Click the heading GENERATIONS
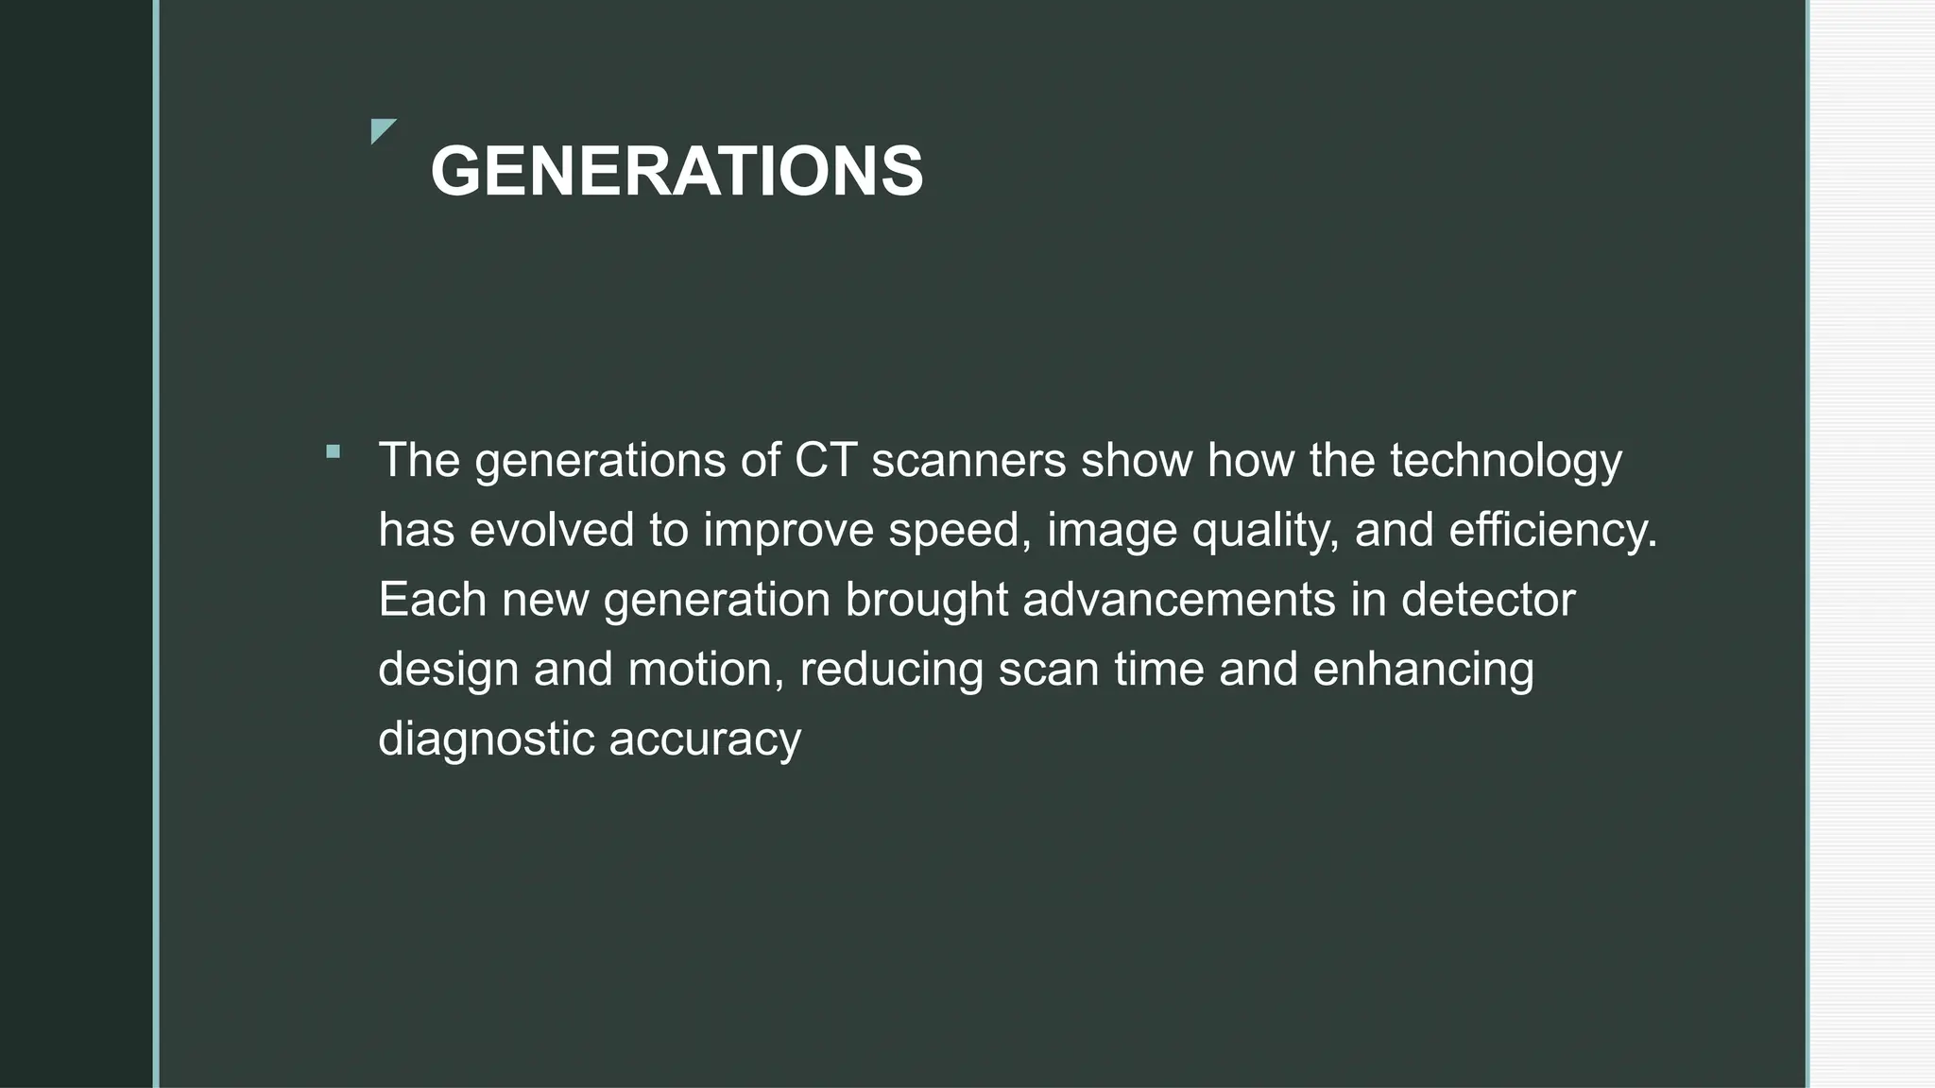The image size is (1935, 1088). [x=676, y=171]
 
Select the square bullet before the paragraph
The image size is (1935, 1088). [x=333, y=451]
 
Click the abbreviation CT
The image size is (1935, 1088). [x=825, y=460]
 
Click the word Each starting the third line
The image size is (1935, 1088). [x=432, y=600]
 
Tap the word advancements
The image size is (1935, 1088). [x=1179, y=600]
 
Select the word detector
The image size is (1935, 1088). [x=1488, y=600]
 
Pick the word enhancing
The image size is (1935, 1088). [x=1423, y=670]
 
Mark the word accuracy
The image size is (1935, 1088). [x=705, y=739]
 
